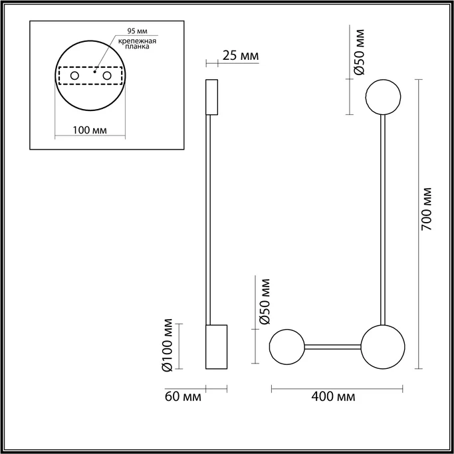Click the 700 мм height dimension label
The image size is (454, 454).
tap(429, 207)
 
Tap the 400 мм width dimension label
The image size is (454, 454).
tap(332, 397)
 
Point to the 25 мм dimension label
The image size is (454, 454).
tap(240, 55)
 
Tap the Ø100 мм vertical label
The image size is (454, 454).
tap(168, 346)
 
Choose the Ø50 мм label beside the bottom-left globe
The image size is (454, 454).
tap(264, 301)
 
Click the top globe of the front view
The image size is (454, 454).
tap(383, 96)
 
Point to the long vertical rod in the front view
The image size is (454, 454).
tap(383, 219)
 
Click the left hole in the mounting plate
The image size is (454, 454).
tap(74, 77)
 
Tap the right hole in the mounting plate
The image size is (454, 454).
tap(106, 77)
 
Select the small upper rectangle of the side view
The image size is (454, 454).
tap(212, 97)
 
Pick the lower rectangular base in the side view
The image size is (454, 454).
tap(216, 346)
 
